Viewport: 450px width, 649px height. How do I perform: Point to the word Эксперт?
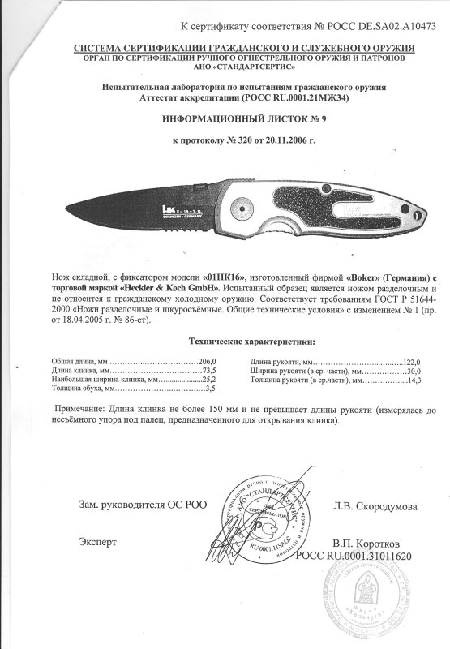[x=98, y=539]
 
